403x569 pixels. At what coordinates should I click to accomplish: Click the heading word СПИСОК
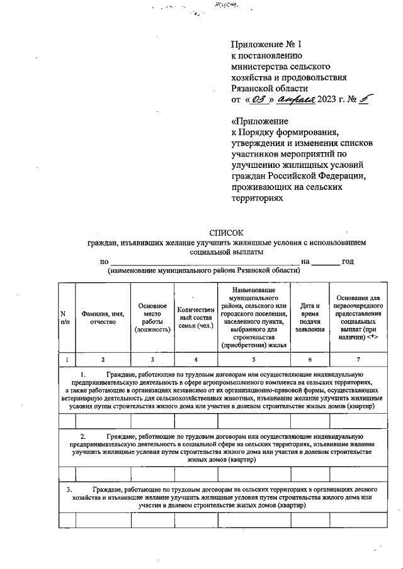225,233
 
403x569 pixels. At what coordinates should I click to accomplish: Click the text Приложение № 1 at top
268,45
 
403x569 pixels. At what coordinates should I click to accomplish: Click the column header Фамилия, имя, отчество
102,317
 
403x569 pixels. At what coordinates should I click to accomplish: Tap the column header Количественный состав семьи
195,317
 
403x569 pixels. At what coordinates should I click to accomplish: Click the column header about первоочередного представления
358,317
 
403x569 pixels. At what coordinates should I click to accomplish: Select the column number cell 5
254,359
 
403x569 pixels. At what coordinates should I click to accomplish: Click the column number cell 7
358,359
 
